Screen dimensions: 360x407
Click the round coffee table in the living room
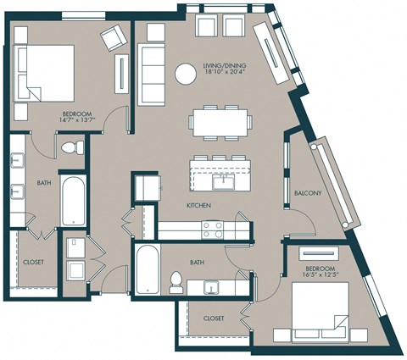(186, 74)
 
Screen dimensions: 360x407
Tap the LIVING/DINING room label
(226, 65)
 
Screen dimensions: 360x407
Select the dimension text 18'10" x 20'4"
(226, 74)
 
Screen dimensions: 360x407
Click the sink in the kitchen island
(225, 180)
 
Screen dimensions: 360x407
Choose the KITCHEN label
(198, 206)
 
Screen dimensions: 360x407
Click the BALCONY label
(308, 193)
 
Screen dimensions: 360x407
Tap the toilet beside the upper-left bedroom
(74, 149)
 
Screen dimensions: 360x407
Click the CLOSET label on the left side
(34, 263)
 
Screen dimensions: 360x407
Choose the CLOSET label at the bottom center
(214, 319)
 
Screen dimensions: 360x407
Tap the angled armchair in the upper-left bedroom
(111, 38)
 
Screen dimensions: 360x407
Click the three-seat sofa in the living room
(151, 73)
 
